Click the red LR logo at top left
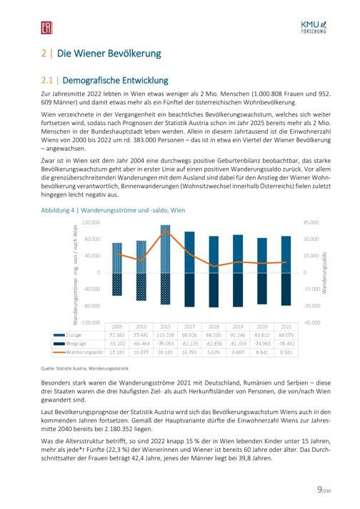[46, 28]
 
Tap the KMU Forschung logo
[314, 27]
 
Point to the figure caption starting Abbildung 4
[113, 210]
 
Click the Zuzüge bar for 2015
[166, 249]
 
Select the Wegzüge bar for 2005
[117, 285]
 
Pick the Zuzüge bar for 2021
[286, 254]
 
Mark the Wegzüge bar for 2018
[214, 290]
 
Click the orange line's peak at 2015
[166, 229]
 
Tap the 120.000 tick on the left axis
[91, 222]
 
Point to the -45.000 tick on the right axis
[311, 322]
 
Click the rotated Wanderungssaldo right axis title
[324, 272]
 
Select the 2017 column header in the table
[189, 327]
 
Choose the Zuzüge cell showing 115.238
[166, 335]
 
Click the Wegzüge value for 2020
[262, 343]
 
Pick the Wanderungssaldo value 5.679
[214, 352]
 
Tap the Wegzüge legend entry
[69, 343]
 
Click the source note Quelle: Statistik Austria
[85, 368]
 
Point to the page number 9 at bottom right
[320, 489]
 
